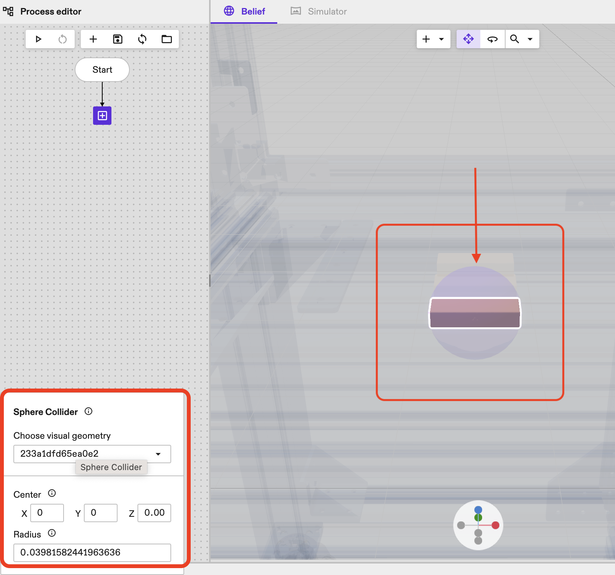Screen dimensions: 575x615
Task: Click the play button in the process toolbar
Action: click(x=38, y=39)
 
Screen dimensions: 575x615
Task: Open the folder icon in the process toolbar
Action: click(x=167, y=39)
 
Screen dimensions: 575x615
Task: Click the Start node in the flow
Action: click(x=102, y=70)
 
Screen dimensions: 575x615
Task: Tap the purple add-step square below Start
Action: click(x=102, y=116)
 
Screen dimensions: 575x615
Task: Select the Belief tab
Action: click(x=245, y=11)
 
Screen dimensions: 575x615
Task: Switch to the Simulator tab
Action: click(x=319, y=11)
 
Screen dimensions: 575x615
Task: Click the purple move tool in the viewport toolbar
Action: click(x=468, y=39)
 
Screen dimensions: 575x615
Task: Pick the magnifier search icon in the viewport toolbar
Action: click(x=515, y=39)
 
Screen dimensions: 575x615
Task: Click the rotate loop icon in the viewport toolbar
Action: click(x=492, y=39)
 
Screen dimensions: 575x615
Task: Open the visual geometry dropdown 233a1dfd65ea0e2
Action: click(x=92, y=454)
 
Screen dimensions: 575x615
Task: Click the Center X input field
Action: click(x=47, y=513)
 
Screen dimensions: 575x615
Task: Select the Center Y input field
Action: click(x=101, y=513)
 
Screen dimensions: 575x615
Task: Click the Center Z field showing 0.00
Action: click(x=154, y=513)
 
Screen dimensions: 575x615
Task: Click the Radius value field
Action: click(x=92, y=552)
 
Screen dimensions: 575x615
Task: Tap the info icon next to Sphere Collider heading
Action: click(x=88, y=412)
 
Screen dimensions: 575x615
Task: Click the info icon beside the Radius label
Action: click(x=52, y=533)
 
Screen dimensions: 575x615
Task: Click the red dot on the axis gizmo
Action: click(x=496, y=525)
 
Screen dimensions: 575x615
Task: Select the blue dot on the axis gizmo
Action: click(x=478, y=510)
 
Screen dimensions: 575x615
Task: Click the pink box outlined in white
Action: click(x=475, y=313)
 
